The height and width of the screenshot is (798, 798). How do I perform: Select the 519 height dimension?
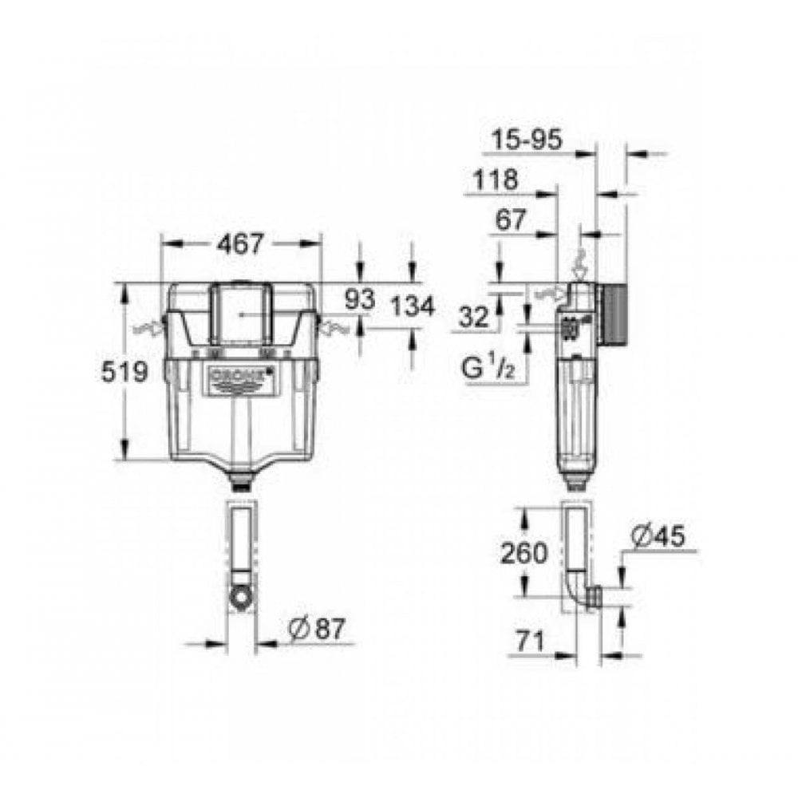tap(126, 371)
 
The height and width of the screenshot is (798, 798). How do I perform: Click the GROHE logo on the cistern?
tap(241, 376)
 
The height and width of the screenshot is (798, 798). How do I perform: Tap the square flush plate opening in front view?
tap(240, 314)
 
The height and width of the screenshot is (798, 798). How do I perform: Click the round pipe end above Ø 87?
tap(240, 594)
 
